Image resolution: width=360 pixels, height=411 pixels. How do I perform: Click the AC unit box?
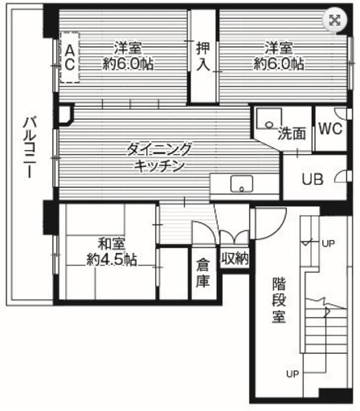coord(70,57)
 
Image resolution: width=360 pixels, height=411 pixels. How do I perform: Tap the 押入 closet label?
coord(203,56)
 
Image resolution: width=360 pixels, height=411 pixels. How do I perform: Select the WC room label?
coord(330,128)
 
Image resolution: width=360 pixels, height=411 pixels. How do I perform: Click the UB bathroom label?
coord(313,179)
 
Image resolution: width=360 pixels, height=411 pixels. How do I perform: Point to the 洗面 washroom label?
coord(292,133)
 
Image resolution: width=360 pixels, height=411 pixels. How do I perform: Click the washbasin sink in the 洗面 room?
coord(268,119)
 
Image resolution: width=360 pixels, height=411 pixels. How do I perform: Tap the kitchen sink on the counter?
coord(242,184)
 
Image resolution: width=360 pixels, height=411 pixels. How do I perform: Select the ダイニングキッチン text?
coord(159,158)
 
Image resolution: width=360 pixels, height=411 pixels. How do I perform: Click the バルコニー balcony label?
coord(29,147)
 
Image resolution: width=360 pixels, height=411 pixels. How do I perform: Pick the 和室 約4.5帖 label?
coord(112,252)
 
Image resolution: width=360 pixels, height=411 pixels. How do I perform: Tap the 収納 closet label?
coord(235,258)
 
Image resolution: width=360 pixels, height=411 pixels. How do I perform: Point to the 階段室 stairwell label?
coord(279,300)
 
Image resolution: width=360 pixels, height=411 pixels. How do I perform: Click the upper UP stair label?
coord(328,243)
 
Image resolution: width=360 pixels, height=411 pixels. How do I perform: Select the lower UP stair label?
coord(292,374)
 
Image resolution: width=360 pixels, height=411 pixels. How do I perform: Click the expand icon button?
coord(334,20)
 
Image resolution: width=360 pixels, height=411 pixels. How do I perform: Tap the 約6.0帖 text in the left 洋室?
coord(128,63)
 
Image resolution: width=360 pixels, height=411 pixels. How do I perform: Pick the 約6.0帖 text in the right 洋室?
coord(279,63)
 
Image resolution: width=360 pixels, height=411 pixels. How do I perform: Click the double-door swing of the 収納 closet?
coord(235,237)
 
